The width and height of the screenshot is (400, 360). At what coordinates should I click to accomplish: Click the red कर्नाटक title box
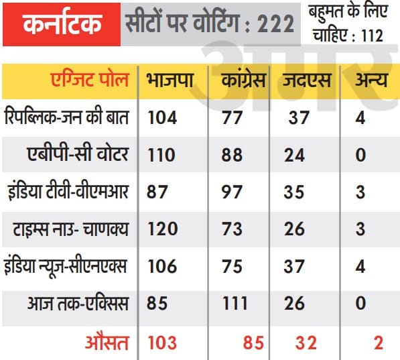(x=62, y=25)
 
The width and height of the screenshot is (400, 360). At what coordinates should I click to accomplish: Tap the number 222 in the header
(x=275, y=23)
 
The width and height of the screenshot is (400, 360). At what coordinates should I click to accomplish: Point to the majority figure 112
(x=372, y=36)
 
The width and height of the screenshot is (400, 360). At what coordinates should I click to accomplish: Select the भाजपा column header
(x=170, y=80)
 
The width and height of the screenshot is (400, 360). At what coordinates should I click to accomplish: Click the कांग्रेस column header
(x=243, y=79)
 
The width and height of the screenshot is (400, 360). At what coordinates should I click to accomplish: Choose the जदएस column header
(x=307, y=80)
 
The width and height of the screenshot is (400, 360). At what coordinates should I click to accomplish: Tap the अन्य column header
(x=371, y=80)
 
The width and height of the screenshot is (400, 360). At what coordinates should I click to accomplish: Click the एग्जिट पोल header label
(x=89, y=80)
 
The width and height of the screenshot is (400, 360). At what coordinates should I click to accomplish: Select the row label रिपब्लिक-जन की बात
(x=66, y=117)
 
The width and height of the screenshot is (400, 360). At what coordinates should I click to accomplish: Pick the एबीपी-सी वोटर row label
(x=78, y=154)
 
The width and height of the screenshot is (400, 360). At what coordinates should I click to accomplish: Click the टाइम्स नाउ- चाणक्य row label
(x=70, y=229)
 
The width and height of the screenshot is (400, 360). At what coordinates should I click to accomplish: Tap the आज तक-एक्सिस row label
(x=78, y=303)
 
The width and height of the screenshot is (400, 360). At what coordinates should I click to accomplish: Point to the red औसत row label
(x=107, y=342)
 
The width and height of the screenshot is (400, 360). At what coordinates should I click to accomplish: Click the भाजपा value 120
(x=163, y=229)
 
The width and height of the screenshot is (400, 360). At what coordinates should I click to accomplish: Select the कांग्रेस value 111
(x=235, y=303)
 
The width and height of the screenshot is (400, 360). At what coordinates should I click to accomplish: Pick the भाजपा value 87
(x=157, y=192)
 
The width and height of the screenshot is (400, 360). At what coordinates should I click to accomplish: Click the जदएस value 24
(x=294, y=155)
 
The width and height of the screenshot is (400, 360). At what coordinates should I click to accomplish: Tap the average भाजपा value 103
(x=162, y=343)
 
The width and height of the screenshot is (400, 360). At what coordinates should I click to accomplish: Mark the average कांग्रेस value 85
(x=253, y=343)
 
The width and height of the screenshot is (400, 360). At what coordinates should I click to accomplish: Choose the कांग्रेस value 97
(x=232, y=192)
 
